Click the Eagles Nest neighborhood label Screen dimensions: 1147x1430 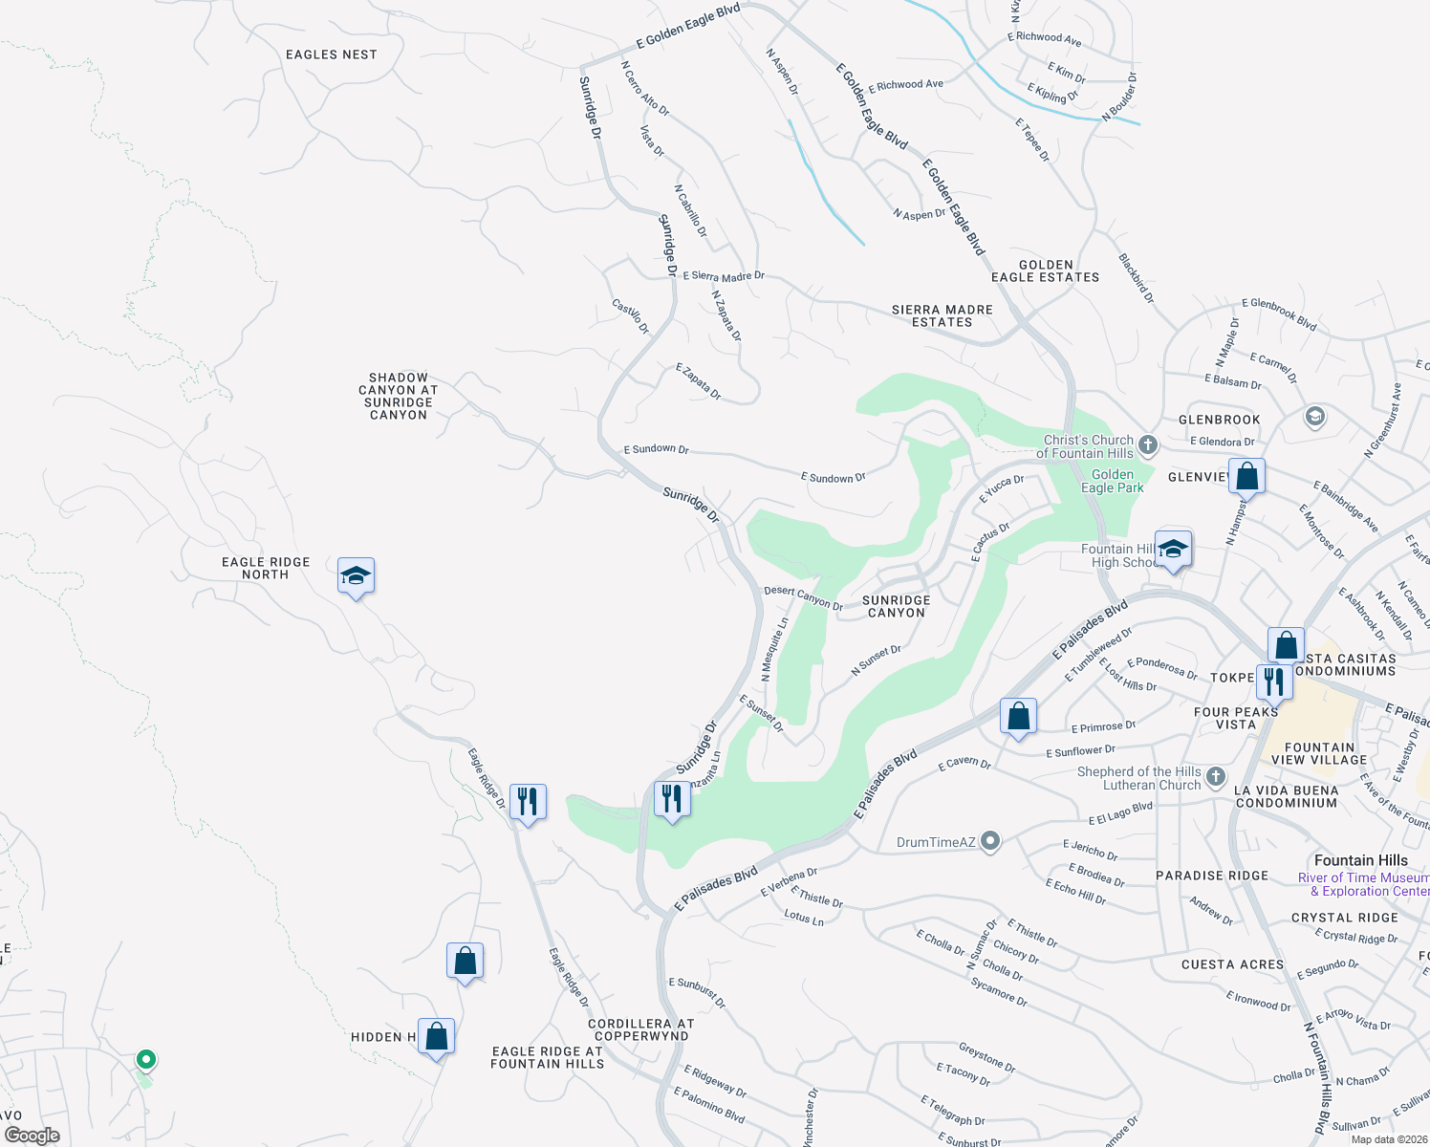click(x=331, y=54)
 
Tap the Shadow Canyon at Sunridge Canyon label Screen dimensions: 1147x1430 click(x=399, y=397)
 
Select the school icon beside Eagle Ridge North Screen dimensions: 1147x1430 click(x=356, y=576)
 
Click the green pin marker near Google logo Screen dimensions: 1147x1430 click(x=145, y=1059)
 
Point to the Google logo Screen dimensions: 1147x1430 click(x=32, y=1135)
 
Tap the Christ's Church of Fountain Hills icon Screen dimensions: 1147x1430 click(x=1148, y=445)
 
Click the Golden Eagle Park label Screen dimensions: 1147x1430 click(x=1112, y=481)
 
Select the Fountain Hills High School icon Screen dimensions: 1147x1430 click(x=1173, y=550)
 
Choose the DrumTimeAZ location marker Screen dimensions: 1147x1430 click(x=990, y=841)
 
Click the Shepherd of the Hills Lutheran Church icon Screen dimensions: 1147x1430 click(x=1215, y=776)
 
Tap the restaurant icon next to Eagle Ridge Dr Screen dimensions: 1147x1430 click(x=528, y=801)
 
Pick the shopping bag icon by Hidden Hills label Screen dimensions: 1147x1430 click(x=436, y=1036)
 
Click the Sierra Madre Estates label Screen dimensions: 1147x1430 click(x=942, y=316)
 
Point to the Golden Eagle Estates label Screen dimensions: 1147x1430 click(x=1045, y=271)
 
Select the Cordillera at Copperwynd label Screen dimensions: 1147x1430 click(x=640, y=1029)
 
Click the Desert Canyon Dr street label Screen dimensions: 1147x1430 click(x=803, y=597)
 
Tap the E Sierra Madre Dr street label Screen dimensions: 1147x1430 click(x=724, y=276)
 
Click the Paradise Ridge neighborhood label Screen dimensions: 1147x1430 click(x=1212, y=876)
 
